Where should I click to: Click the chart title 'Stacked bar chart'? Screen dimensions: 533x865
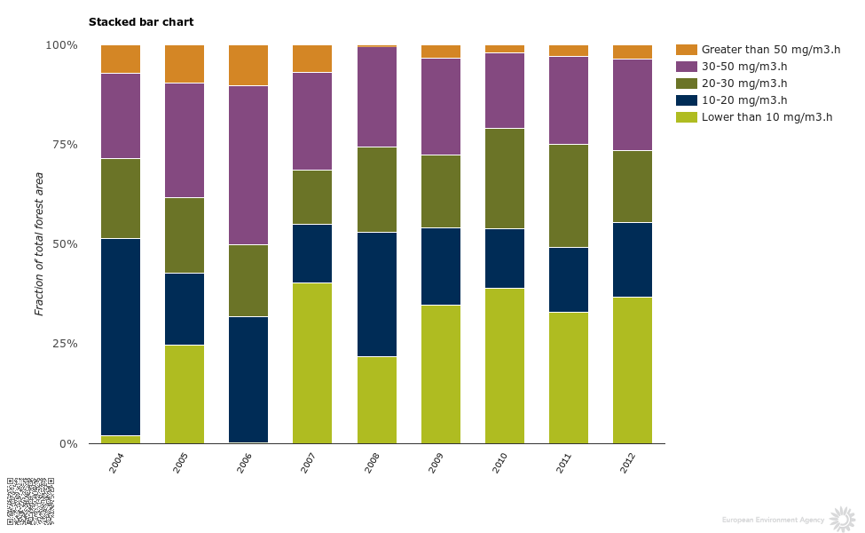[141, 22]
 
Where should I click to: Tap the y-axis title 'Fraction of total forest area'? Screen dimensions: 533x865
[39, 244]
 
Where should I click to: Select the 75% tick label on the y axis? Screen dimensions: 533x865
[62, 145]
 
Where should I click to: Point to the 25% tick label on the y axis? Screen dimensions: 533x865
[62, 344]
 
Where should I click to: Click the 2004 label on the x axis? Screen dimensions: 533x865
[116, 463]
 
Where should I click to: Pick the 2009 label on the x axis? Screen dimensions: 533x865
[436, 463]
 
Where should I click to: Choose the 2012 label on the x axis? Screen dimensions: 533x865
[628, 463]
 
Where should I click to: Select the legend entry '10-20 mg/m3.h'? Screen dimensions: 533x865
[744, 100]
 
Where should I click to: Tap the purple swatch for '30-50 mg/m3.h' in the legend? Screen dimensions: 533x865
[687, 67]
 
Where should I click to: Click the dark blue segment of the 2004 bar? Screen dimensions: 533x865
[121, 337]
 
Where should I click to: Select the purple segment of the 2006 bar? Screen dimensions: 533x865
[248, 165]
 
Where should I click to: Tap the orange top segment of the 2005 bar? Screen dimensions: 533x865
[185, 64]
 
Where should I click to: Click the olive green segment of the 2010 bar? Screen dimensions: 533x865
[504, 179]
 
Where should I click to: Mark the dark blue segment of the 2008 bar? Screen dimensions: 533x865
[376, 294]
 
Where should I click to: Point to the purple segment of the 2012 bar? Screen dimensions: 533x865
[633, 105]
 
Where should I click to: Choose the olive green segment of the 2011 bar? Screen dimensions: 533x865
[569, 195]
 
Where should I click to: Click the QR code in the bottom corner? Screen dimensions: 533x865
[30, 500]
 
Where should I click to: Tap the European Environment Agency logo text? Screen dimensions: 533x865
[773, 520]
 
